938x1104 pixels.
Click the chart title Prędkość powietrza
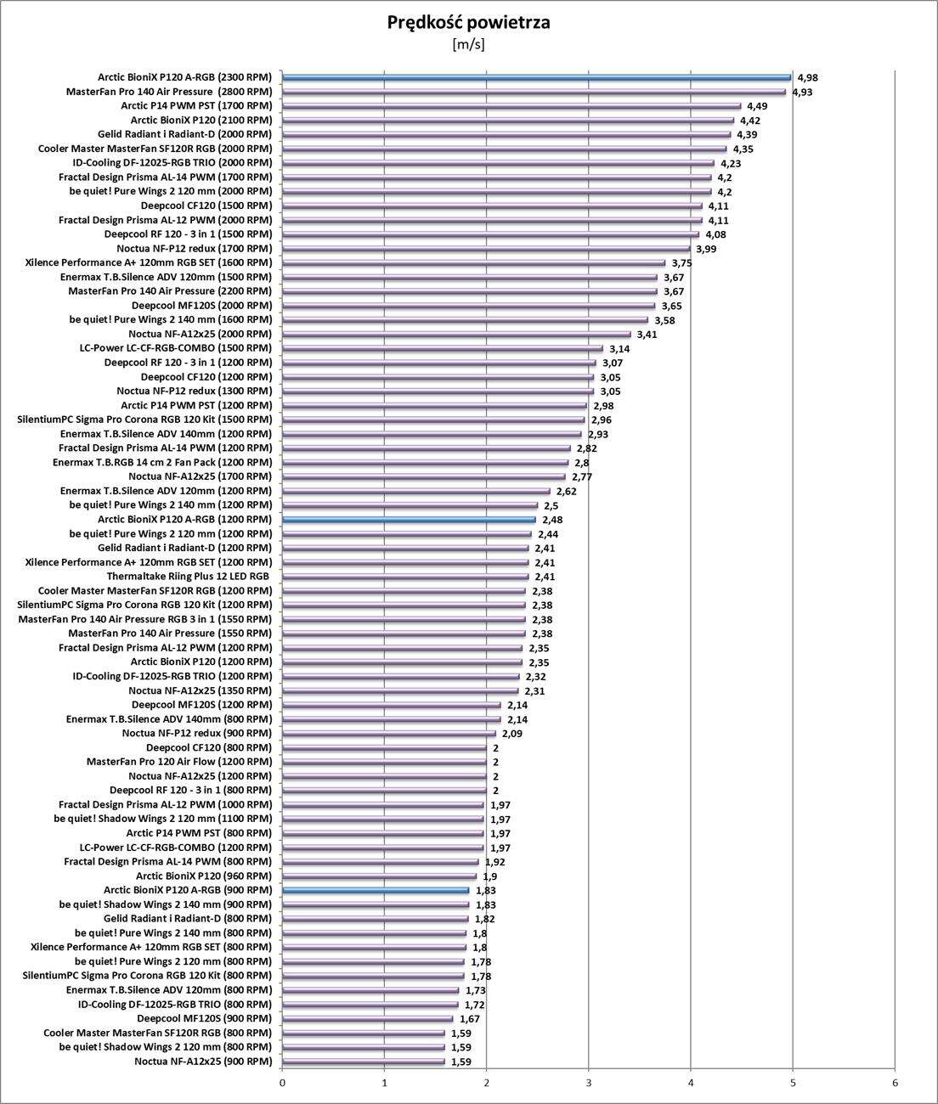(x=468, y=22)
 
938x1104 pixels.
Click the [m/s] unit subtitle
(x=468, y=44)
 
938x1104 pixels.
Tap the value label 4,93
(x=802, y=92)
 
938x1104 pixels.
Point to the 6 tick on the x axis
(x=895, y=1083)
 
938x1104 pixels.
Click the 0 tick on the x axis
(x=282, y=1083)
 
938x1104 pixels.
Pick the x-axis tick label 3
(x=589, y=1083)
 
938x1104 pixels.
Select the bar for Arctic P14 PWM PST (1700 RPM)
(x=511, y=105)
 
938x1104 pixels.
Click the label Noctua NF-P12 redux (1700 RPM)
(x=194, y=248)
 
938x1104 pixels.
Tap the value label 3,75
(x=681, y=263)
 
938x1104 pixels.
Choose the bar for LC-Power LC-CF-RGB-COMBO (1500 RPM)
(x=442, y=348)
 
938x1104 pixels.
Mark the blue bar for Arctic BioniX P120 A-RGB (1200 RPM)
(x=409, y=519)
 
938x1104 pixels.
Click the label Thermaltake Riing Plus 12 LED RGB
(x=189, y=576)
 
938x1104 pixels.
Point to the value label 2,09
(x=511, y=734)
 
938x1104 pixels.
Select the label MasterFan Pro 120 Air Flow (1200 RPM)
(x=179, y=762)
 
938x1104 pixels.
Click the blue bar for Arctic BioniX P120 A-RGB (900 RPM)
(x=376, y=890)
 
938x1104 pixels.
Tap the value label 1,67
(x=470, y=1019)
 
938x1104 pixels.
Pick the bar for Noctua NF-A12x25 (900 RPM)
(x=363, y=1062)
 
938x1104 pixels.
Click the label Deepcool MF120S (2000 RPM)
(x=201, y=305)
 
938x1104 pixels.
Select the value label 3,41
(x=647, y=335)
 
